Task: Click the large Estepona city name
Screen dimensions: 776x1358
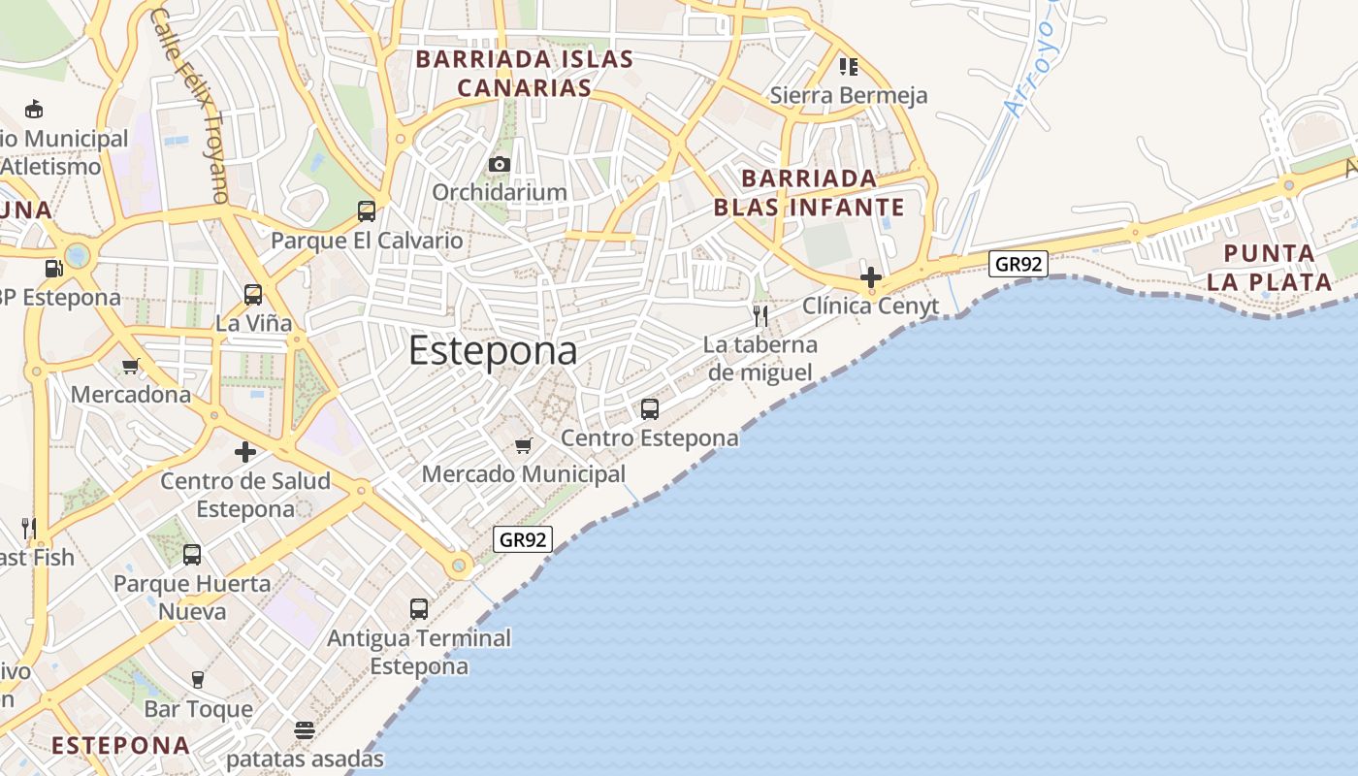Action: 493,350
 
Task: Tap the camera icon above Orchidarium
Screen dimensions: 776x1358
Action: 500,164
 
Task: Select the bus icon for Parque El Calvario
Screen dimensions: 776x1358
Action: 367,210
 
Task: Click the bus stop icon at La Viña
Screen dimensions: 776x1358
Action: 253,294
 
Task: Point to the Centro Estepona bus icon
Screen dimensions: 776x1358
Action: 650,408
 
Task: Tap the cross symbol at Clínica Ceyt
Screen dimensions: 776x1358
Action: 871,276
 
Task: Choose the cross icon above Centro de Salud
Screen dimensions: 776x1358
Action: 245,452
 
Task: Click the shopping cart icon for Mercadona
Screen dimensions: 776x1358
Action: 131,366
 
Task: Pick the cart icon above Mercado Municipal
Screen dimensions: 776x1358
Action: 524,445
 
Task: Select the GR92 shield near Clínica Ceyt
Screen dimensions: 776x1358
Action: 1018,263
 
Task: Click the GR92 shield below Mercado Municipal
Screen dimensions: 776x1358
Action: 523,539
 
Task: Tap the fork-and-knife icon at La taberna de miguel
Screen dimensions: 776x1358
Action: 760,315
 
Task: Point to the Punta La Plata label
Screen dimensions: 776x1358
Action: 1277,268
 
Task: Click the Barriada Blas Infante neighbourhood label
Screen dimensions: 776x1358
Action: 809,192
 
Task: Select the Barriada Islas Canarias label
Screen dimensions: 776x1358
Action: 525,73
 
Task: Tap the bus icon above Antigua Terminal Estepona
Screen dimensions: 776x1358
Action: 419,608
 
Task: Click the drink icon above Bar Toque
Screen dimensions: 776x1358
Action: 198,679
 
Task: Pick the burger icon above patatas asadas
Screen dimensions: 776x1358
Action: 305,729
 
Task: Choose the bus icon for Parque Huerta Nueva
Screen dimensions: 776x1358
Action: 192,554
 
